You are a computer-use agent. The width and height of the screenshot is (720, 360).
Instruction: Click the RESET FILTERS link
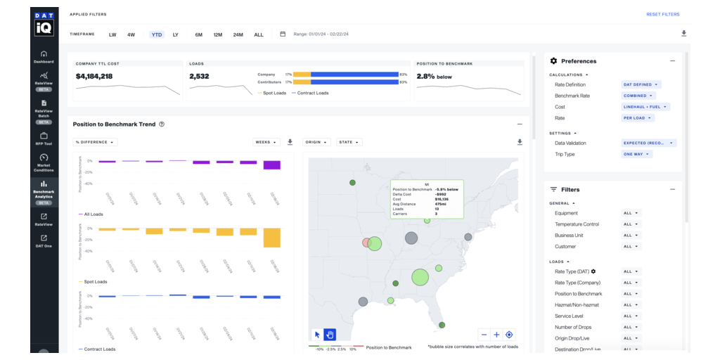(x=662, y=14)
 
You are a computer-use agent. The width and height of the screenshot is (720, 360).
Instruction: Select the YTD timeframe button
(x=156, y=34)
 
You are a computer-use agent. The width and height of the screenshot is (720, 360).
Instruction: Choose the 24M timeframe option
(x=238, y=34)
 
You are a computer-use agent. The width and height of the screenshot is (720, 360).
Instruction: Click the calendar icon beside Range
(x=283, y=34)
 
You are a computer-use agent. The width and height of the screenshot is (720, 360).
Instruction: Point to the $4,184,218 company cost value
(x=94, y=76)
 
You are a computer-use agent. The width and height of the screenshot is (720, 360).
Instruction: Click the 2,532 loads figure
(x=199, y=76)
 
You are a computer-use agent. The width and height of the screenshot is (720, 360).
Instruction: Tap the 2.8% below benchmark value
(x=435, y=76)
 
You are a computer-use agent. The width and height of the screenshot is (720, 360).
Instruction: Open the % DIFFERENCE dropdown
(x=95, y=142)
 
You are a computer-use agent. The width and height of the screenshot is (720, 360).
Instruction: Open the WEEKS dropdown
(x=266, y=142)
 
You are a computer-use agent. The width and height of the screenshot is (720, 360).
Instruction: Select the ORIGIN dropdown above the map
(x=316, y=142)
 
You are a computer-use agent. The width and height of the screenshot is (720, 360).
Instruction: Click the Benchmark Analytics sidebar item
(x=44, y=191)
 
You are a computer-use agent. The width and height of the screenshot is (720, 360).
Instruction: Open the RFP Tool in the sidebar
(x=44, y=138)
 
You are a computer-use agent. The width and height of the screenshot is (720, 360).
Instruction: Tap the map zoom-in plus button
(x=496, y=335)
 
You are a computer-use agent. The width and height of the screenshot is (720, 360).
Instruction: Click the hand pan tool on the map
(x=329, y=335)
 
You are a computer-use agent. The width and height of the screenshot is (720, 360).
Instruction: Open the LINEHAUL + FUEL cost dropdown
(x=645, y=107)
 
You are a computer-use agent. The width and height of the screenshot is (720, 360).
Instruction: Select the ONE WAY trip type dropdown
(x=636, y=154)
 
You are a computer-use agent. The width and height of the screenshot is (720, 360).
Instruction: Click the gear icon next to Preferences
(x=553, y=61)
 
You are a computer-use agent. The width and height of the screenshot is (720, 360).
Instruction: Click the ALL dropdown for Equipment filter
(x=631, y=213)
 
